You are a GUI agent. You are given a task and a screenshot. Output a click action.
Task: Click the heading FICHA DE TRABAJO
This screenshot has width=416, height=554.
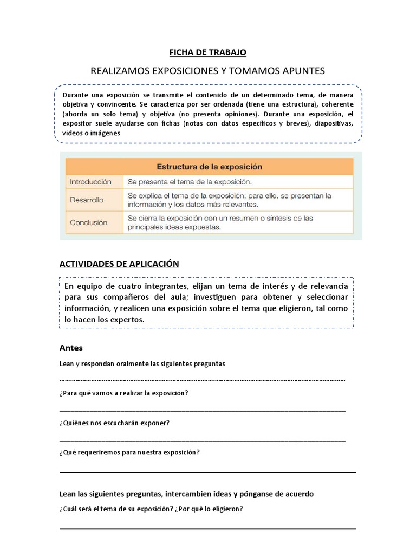[x=208, y=52]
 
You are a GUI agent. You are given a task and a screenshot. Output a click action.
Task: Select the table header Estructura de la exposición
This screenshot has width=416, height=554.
[x=209, y=167]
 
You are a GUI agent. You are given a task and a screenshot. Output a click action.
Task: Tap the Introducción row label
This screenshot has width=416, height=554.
[x=90, y=182]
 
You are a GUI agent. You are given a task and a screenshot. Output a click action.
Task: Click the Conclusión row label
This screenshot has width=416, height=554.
[x=89, y=222]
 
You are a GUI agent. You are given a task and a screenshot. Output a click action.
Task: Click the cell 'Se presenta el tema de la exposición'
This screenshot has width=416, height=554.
[x=190, y=182]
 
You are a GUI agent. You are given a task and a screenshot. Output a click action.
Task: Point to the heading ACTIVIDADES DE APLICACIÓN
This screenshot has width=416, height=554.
[x=119, y=263]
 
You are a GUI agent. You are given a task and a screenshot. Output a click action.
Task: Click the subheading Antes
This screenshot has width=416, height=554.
[x=70, y=348]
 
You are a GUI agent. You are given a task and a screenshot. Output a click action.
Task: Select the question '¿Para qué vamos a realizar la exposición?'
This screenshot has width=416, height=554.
[x=123, y=393]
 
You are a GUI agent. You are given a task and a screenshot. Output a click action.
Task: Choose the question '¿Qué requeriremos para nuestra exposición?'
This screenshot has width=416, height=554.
[x=129, y=452]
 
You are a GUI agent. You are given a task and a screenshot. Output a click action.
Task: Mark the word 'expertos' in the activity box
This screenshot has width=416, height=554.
[x=128, y=320]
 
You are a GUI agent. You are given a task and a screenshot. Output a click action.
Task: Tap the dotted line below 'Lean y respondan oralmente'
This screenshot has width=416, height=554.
[x=201, y=379]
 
